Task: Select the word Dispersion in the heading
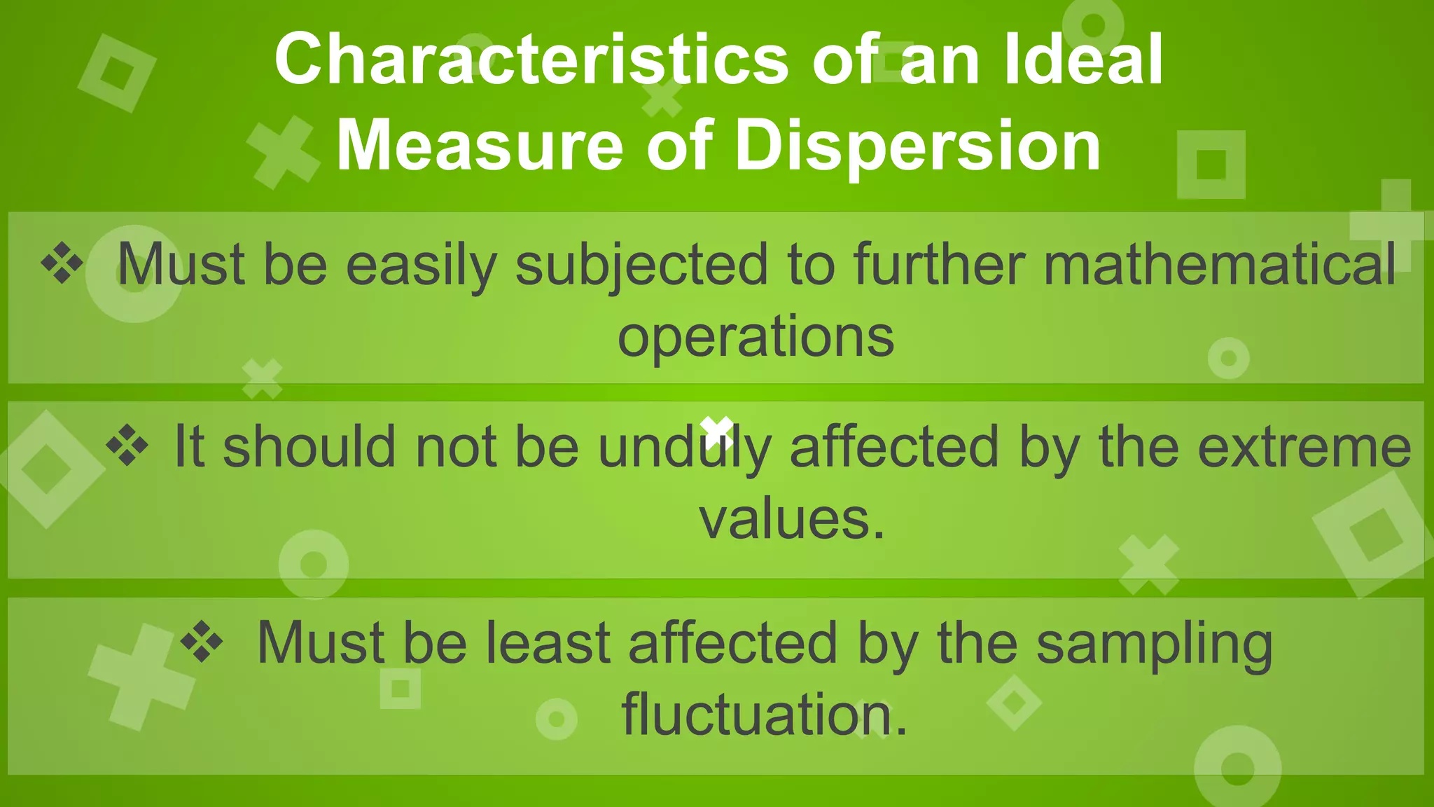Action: [x=918, y=146]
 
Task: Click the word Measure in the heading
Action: [x=480, y=146]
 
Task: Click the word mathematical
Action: [x=1220, y=265]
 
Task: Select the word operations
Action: [x=756, y=337]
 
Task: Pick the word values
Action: [x=792, y=519]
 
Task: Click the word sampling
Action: [x=1154, y=643]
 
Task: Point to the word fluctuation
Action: [x=764, y=715]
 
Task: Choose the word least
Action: [x=548, y=643]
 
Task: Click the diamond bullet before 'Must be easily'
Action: [x=62, y=263]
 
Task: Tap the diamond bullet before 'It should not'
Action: [x=127, y=446]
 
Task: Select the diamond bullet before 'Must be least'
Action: [x=202, y=641]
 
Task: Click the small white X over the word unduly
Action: [x=717, y=431]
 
